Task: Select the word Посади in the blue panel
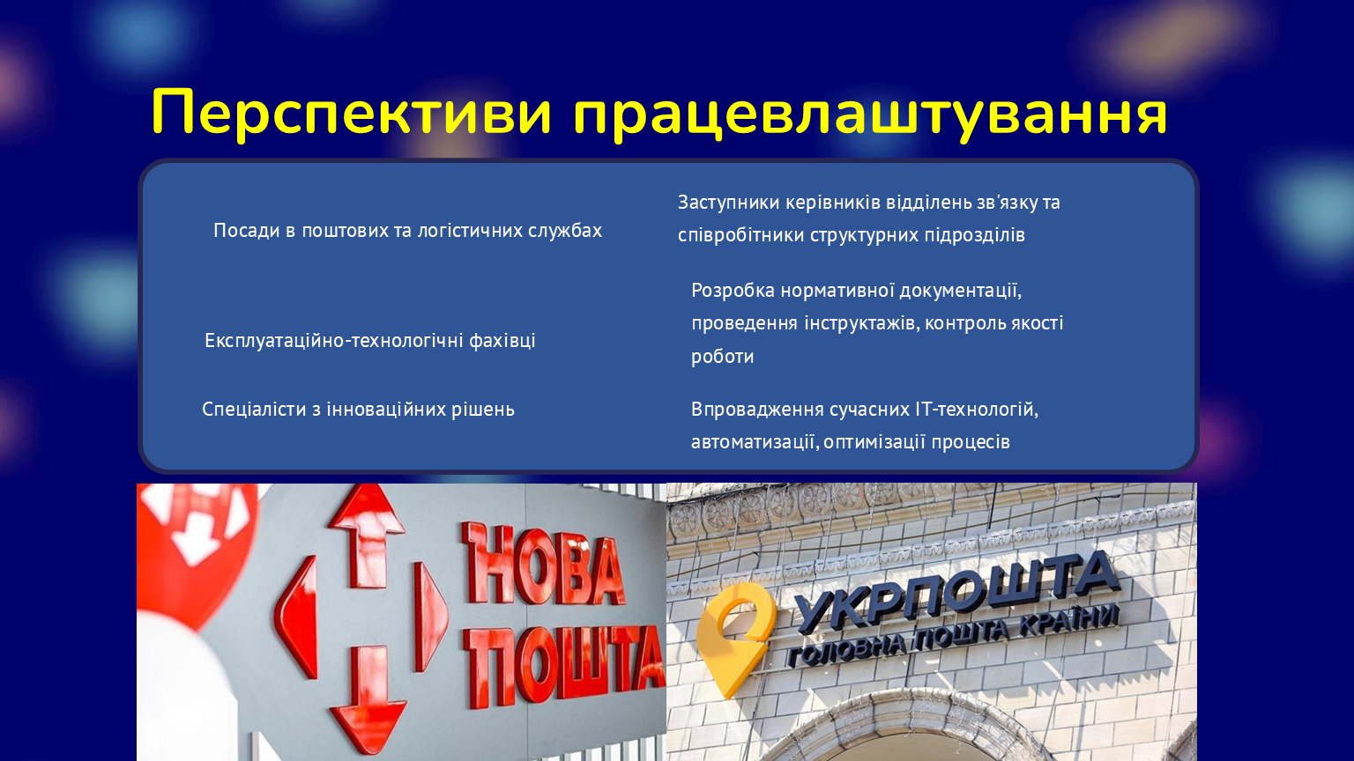coord(246,231)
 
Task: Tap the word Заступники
coord(728,203)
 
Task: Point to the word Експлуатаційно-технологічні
coord(334,341)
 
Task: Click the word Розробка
coord(733,292)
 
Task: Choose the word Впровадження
coord(757,410)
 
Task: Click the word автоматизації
coord(755,442)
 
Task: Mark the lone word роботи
coord(722,357)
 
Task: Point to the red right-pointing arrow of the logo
coord(430,616)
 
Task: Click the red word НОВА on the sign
coord(543,564)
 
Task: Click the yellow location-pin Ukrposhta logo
coord(733,638)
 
